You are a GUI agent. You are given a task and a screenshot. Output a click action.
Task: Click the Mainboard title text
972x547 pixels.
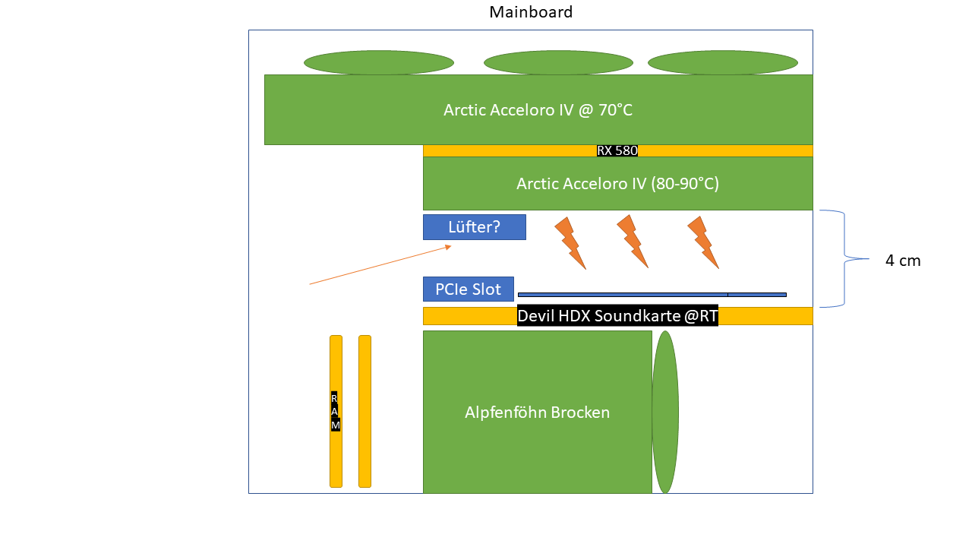531,12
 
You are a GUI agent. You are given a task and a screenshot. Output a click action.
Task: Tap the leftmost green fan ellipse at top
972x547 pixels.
379,62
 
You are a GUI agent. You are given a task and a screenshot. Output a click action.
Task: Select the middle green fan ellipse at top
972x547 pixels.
558,62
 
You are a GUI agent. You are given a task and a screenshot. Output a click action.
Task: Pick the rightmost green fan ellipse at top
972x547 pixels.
722,62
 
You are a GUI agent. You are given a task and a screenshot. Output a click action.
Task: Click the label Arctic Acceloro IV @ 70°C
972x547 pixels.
538,110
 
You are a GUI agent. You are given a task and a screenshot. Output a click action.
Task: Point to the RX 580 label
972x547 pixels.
617,150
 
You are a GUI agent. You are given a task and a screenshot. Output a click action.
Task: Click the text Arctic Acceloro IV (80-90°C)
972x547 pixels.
617,183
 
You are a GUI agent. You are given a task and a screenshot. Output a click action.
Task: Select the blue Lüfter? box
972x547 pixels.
474,226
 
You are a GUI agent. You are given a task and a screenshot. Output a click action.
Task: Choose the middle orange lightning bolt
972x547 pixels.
632,241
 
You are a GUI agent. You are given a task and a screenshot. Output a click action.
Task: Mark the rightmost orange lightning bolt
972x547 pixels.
702,242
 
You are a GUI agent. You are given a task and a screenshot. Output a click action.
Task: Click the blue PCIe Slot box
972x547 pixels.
468,289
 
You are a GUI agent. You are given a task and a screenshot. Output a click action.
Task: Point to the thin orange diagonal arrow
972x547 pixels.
380,265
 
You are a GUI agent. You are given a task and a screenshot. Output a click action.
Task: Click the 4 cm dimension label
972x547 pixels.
903,261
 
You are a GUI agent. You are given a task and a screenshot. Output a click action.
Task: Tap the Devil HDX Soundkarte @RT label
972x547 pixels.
617,316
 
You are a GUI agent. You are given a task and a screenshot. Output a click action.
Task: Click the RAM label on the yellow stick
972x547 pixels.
336,411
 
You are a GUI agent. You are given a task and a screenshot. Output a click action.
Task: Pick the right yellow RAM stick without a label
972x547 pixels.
364,411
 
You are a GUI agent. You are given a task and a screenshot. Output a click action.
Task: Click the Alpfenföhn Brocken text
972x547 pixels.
537,413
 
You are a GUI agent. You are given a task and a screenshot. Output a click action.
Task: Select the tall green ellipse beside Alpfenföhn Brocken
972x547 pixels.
665,412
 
